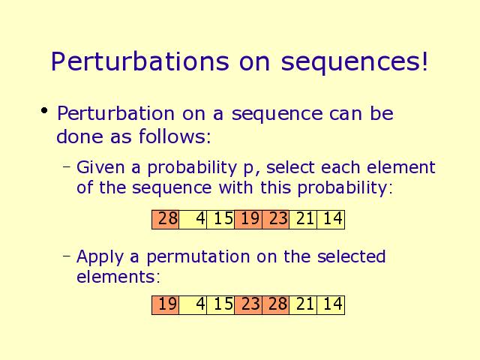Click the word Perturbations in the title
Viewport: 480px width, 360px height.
pos(140,61)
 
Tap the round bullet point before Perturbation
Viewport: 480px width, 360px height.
pos(44,110)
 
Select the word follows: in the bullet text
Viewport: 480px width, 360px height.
pos(175,136)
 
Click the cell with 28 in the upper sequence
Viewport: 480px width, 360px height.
pos(165,220)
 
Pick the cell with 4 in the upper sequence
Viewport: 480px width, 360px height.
pos(193,220)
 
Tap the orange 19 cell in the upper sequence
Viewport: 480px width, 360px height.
pos(248,220)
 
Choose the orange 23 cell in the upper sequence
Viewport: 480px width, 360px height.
pos(275,220)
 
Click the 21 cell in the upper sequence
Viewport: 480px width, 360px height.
pos(303,220)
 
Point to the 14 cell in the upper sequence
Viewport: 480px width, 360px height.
pos(331,220)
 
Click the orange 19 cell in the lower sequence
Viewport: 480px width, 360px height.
pos(165,305)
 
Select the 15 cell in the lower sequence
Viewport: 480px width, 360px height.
pos(220,305)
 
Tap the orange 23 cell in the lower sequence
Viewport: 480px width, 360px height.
pos(248,305)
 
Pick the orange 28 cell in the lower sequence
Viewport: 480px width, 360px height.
pos(275,305)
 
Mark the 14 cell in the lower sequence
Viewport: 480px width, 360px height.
pos(331,305)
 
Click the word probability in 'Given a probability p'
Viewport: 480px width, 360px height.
pos(192,168)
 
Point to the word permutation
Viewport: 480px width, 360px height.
pos(198,257)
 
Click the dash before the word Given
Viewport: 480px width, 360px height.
pos(67,166)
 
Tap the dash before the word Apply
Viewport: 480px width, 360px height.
pos(67,255)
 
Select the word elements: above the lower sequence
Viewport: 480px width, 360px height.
pos(118,277)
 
